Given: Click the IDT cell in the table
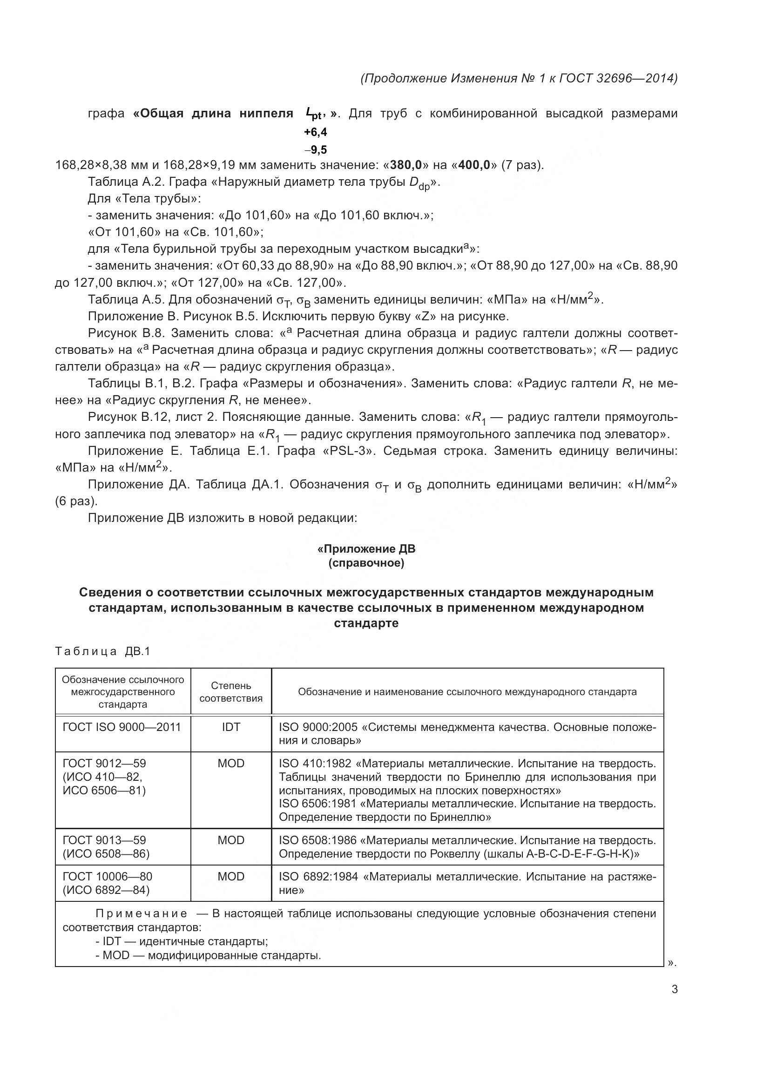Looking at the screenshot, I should tap(231, 727).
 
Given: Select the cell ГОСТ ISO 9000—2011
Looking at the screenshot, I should tap(122, 727).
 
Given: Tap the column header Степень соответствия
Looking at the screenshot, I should tap(231, 691).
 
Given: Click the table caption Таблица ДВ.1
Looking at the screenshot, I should tap(102, 651).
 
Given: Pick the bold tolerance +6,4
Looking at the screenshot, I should tap(315, 132).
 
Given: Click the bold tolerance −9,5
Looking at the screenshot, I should tap(315, 150).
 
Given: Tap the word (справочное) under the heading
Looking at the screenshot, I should tap(366, 563).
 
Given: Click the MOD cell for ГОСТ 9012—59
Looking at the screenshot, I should tap(231, 764).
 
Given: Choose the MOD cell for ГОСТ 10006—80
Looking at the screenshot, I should tap(231, 877).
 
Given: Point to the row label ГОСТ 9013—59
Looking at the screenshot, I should tap(104, 840).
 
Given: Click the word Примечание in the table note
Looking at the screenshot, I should tap(142, 913).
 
